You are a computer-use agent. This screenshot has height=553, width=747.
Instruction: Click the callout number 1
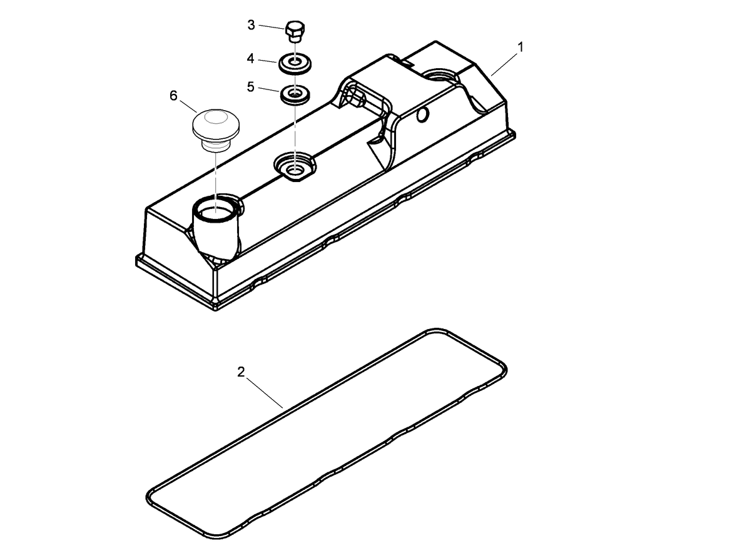point(521,46)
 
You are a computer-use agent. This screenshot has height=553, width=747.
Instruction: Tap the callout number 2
point(241,372)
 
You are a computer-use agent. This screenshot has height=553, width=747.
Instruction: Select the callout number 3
point(252,25)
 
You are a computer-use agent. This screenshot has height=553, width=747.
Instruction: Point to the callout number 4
point(250,58)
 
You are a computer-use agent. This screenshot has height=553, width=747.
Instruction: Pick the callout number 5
point(251,86)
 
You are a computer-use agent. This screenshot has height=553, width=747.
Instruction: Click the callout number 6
point(173,95)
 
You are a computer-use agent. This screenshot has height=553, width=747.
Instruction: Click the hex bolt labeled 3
point(294,31)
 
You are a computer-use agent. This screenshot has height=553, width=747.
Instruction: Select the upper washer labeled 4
point(293,63)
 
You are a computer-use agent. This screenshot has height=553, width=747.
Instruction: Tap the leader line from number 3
point(271,27)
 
